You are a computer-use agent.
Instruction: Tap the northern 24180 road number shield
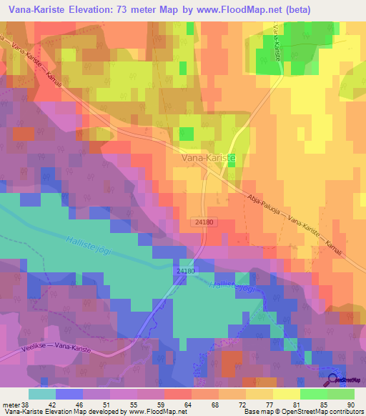pos(202,223)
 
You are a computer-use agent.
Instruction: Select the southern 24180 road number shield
pos(184,272)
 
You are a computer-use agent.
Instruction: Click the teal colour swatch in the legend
pos(42,393)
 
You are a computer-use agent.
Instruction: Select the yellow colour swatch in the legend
pos(286,393)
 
